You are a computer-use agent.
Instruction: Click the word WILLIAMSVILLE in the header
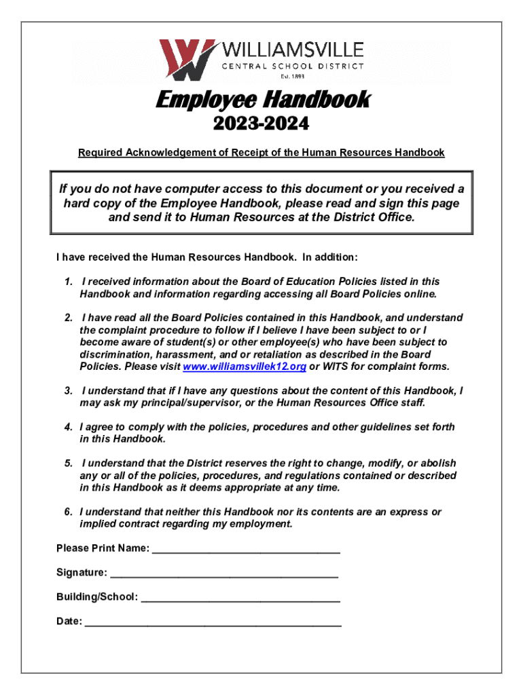click(x=292, y=50)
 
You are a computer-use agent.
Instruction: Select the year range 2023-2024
click(x=261, y=125)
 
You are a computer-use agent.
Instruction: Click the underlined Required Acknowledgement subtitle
click(x=261, y=153)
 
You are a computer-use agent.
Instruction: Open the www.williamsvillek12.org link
click(x=245, y=367)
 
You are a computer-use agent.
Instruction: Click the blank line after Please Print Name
click(x=246, y=548)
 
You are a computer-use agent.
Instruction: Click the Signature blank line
click(x=224, y=573)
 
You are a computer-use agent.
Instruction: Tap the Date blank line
click(x=213, y=621)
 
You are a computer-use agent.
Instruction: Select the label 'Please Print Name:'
click(x=103, y=548)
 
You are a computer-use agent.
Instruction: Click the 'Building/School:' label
click(x=97, y=597)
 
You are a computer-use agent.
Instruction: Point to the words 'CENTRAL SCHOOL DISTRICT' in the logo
click(x=293, y=66)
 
